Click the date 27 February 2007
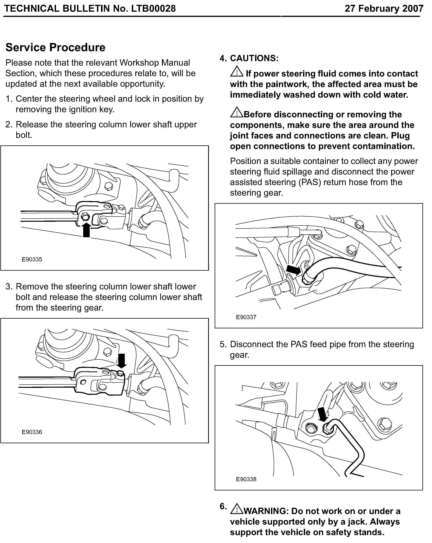384,9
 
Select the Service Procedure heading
55,47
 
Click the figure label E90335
32,259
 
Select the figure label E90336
32,432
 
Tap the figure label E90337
246,317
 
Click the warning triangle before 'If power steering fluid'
237,72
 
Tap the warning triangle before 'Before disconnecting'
237,113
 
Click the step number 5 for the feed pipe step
223,344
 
